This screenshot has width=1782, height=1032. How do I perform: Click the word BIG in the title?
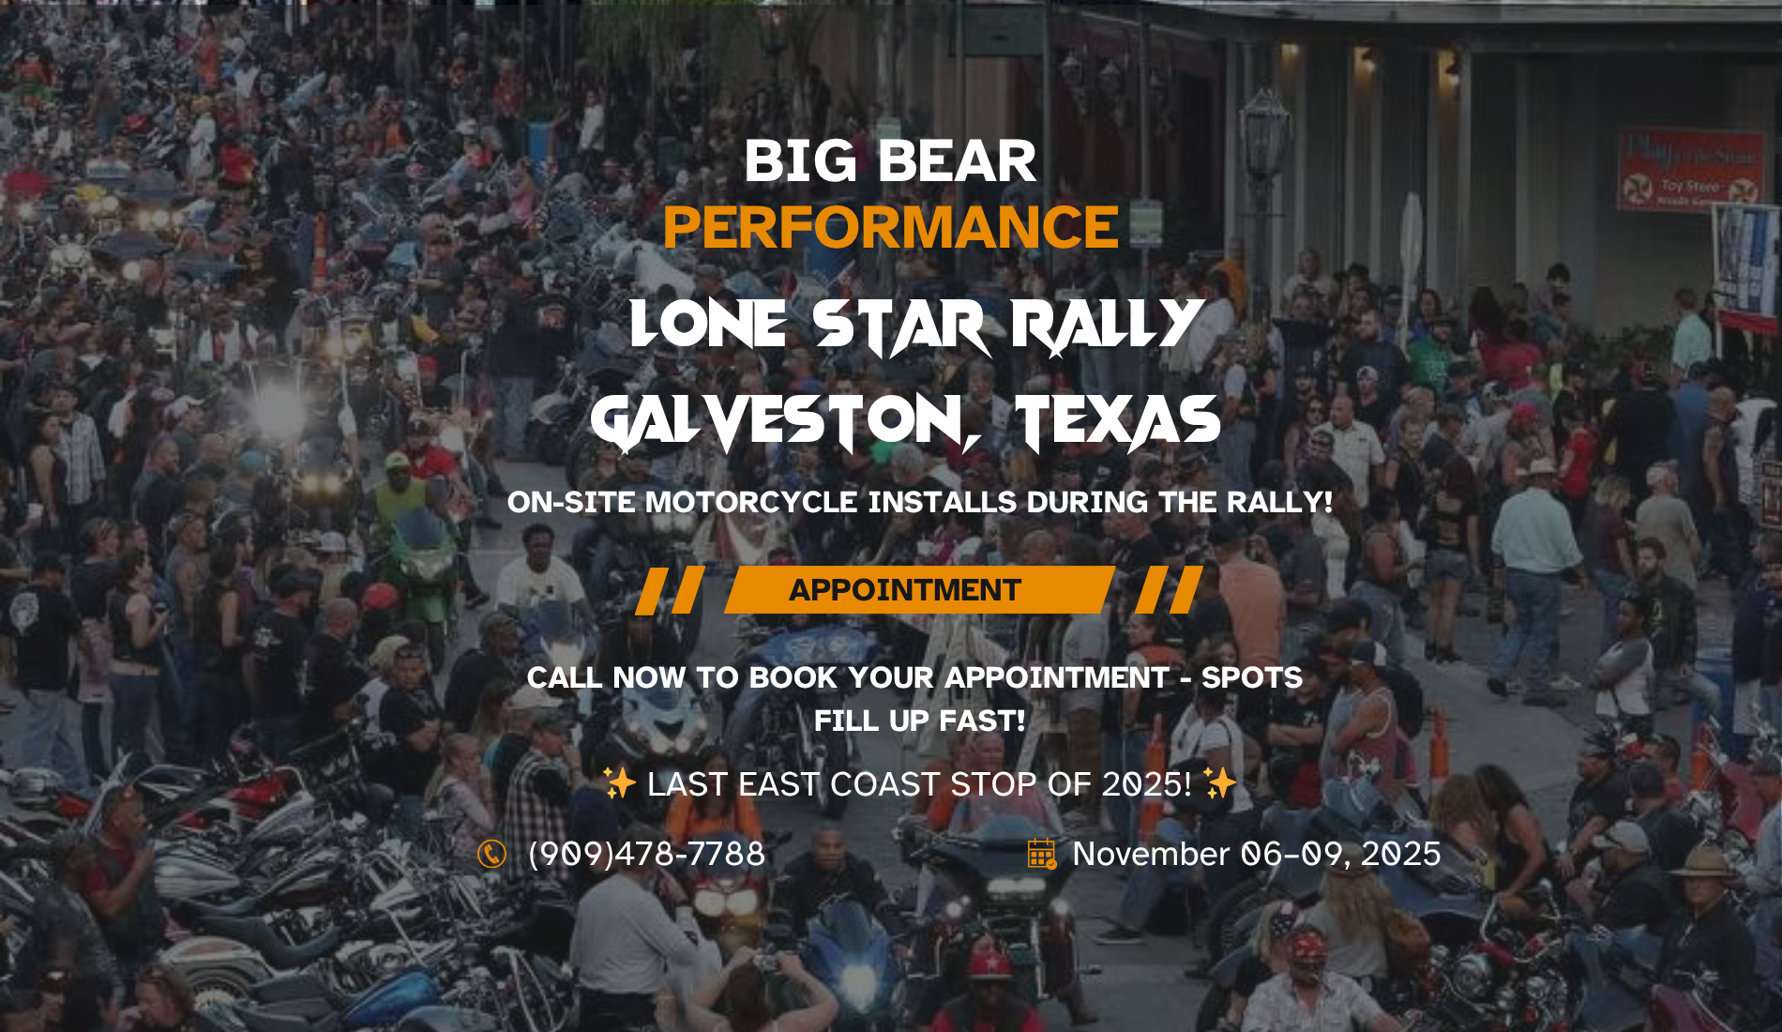click(800, 161)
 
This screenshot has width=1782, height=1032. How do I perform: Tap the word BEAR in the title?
click(958, 161)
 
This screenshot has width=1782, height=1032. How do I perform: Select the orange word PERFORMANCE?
click(891, 227)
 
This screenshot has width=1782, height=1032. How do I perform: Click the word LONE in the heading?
click(708, 325)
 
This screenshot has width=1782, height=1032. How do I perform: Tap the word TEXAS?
click(1118, 421)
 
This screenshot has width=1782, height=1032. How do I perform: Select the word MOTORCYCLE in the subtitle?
click(751, 502)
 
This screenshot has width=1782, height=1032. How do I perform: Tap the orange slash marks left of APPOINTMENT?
click(670, 590)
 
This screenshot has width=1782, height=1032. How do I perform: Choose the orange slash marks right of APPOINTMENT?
click(1169, 590)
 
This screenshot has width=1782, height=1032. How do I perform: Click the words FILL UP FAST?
click(919, 721)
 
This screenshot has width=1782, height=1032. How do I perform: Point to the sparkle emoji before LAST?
click(620, 782)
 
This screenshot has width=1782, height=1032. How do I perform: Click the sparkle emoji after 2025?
click(1220, 782)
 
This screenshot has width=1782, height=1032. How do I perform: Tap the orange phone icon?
click(491, 854)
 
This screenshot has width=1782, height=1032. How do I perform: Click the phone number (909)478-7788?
click(647, 854)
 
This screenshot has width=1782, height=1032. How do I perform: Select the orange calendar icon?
click(1042, 854)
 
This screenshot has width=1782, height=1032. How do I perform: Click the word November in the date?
click(1151, 854)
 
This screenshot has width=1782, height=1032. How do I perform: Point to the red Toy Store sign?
click(1691, 171)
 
